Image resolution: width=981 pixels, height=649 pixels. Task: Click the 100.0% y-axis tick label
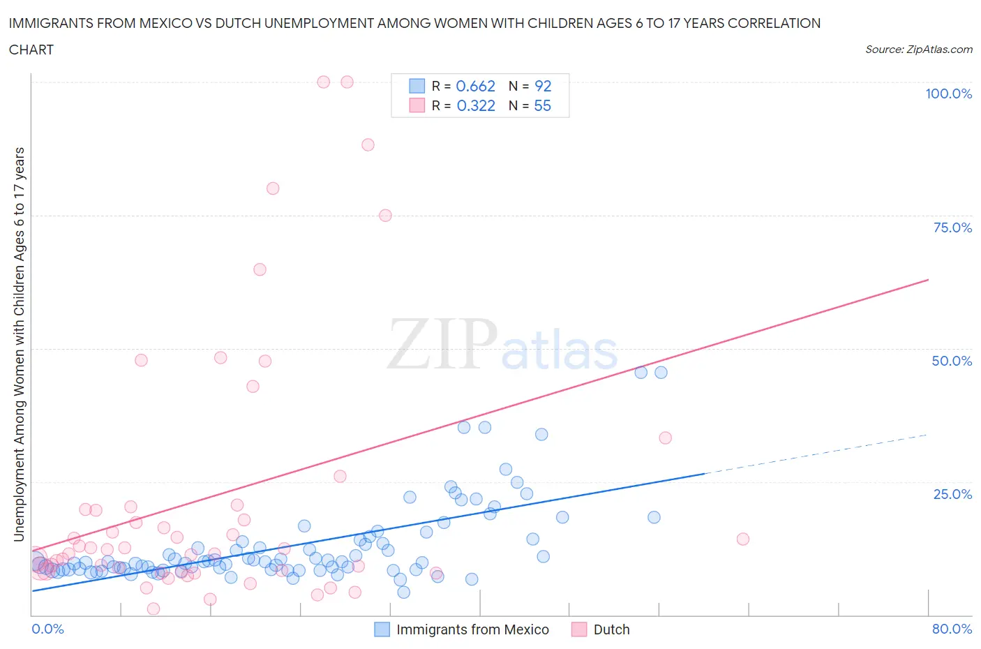(948, 94)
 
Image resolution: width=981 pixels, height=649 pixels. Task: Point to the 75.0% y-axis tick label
(952, 227)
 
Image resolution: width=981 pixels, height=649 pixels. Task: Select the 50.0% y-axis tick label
(951, 361)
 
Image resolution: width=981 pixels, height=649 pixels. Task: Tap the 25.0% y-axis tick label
(952, 494)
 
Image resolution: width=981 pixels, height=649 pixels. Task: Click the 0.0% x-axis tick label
(47, 629)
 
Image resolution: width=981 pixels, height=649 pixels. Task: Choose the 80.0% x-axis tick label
(952, 629)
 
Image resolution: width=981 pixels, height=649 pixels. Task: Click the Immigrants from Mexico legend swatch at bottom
(382, 629)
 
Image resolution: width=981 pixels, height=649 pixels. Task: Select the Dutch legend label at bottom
(611, 629)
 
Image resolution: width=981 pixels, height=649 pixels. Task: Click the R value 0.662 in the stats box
(475, 86)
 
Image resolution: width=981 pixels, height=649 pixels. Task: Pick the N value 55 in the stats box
(542, 105)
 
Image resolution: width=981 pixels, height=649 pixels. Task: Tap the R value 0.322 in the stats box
(475, 105)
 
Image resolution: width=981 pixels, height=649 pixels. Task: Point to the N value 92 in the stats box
(542, 86)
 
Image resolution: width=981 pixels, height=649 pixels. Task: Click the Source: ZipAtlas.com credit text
(918, 49)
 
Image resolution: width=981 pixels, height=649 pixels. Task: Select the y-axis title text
(19, 344)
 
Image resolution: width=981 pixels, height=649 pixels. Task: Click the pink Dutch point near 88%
(368, 144)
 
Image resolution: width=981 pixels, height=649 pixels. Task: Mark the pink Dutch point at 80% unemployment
(273, 188)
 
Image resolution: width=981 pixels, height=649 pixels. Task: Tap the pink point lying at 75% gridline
(385, 216)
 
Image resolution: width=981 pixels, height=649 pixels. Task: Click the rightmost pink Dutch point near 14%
(743, 539)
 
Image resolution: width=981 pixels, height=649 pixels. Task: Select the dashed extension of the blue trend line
(816, 454)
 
